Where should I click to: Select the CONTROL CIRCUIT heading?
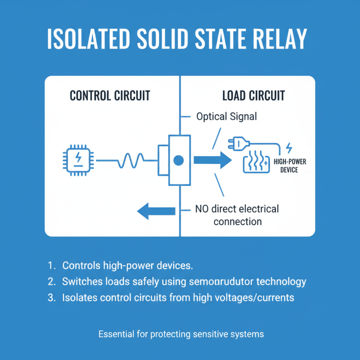click(110, 96)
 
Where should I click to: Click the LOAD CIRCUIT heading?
click(253, 96)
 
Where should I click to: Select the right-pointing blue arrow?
click(209, 160)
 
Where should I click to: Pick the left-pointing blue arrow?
click(156, 210)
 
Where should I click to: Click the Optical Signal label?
click(226, 117)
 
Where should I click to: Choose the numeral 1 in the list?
click(49, 265)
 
